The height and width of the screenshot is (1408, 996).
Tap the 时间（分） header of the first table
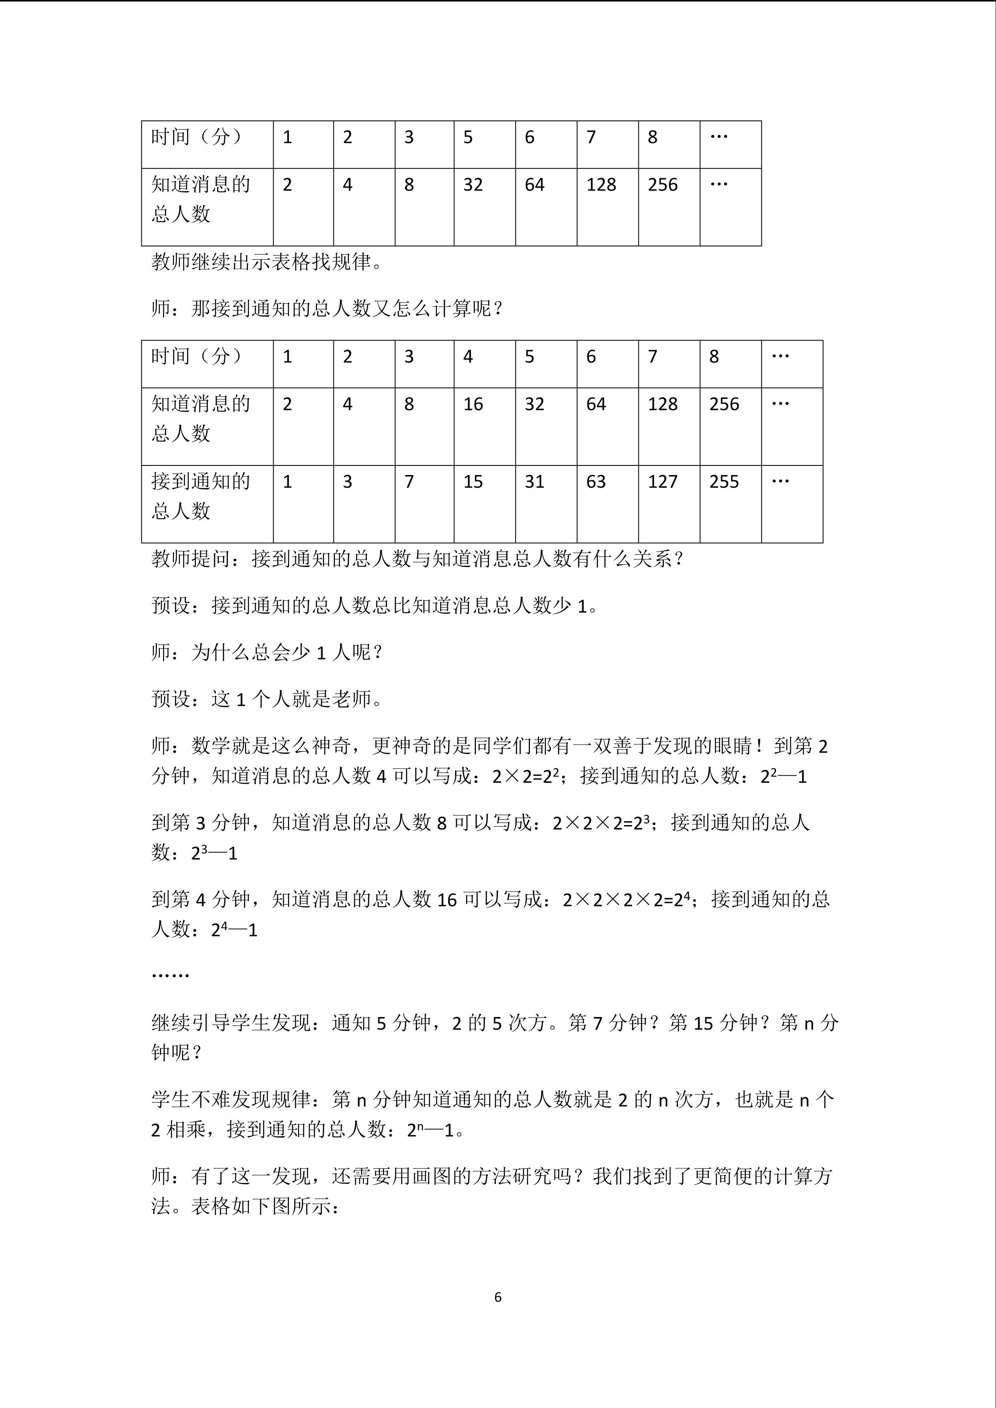[x=197, y=137]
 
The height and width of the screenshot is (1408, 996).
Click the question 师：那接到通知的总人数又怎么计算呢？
[x=328, y=309]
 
